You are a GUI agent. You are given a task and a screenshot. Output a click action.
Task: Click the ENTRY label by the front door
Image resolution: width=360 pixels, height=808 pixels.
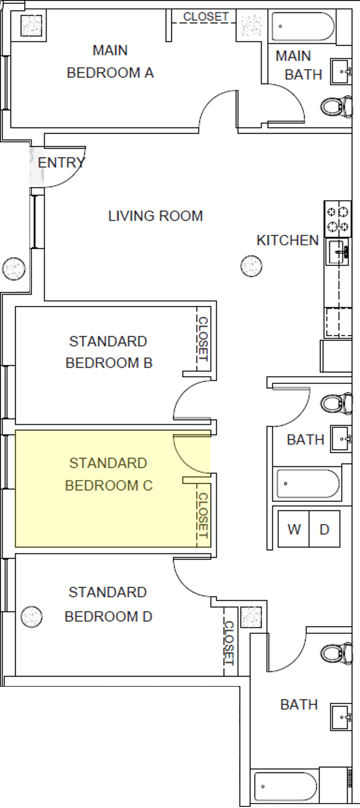[x=61, y=163]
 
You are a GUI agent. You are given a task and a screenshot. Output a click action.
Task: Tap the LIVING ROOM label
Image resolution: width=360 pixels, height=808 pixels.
[x=155, y=216]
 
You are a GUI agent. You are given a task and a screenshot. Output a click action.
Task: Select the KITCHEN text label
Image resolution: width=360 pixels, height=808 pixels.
[x=287, y=240]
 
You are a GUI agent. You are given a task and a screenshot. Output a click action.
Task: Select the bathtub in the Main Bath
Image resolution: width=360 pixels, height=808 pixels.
[x=303, y=26]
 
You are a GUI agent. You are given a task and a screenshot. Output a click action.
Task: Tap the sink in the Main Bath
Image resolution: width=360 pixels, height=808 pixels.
[x=341, y=71]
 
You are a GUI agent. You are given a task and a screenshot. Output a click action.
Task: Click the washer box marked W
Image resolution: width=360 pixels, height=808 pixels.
[x=294, y=529]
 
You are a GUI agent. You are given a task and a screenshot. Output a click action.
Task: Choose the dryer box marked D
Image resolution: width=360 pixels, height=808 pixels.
[x=324, y=529]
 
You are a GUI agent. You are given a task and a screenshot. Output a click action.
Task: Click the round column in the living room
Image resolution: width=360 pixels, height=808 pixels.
[x=251, y=266]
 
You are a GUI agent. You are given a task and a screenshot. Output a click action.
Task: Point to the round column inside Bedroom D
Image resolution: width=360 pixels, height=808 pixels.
[x=31, y=616]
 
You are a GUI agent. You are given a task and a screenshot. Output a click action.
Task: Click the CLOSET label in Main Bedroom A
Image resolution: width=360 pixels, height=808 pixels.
[x=206, y=17]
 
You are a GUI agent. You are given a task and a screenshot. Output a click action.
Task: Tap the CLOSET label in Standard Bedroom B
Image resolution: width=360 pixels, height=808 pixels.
[x=203, y=338]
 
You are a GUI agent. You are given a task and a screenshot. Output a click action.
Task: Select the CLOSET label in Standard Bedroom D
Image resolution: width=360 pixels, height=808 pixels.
[x=229, y=643]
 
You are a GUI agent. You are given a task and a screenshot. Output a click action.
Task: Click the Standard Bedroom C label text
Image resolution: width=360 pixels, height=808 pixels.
[x=109, y=474]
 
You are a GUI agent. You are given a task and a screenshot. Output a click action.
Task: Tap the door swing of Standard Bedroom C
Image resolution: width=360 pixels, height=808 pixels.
[x=189, y=451]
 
